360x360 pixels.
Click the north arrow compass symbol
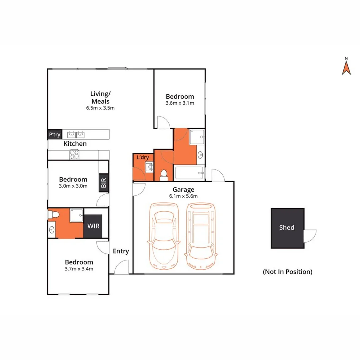(x=346, y=68)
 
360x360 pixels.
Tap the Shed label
(x=287, y=228)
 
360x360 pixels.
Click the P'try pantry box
(x=55, y=134)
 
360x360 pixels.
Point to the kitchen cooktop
(x=74, y=155)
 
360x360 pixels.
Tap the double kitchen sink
(x=76, y=134)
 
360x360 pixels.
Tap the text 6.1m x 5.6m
(x=183, y=196)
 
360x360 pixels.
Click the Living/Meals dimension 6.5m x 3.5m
(x=100, y=108)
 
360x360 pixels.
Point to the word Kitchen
(x=75, y=144)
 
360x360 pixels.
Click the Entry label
(x=121, y=251)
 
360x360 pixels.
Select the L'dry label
(x=143, y=157)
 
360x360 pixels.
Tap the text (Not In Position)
(x=287, y=272)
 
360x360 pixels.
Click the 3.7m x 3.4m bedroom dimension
(x=79, y=269)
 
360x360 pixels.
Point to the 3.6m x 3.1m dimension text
(x=180, y=103)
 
